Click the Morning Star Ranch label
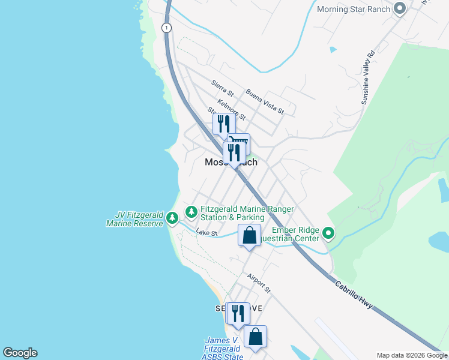point(353,9)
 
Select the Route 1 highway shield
point(166,28)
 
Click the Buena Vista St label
point(264,101)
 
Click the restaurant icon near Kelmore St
point(223,124)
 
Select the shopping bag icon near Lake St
point(249,235)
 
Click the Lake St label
point(205,232)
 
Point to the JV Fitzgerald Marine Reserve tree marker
point(172,217)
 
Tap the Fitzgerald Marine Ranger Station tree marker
point(191,211)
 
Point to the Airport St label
point(259,284)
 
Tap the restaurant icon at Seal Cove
point(238,313)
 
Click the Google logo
point(20,353)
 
